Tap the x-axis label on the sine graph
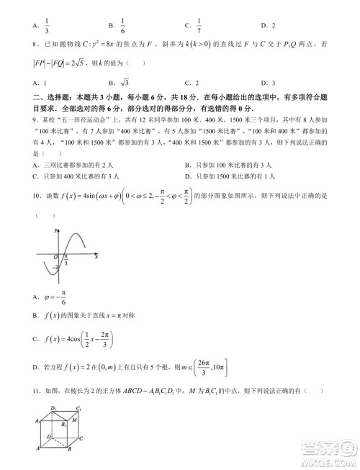[96, 256]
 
